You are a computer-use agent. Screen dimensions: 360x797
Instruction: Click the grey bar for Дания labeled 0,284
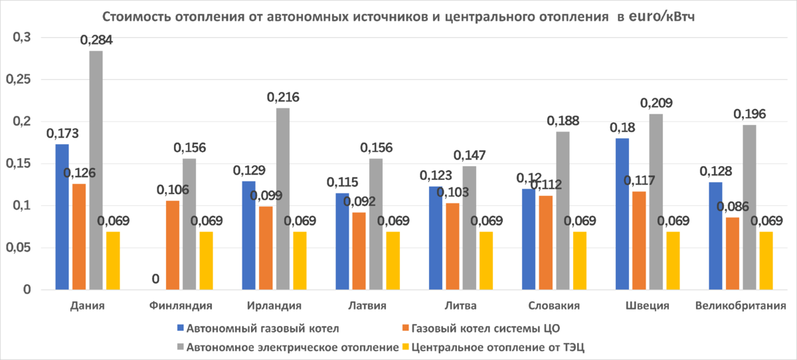click(96, 170)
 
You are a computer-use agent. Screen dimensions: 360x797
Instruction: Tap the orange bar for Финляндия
click(173, 245)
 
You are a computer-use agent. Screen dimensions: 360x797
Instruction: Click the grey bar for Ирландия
click(283, 199)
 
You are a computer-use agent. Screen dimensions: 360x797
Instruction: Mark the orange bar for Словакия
click(546, 242)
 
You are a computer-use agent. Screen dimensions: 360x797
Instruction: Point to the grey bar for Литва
click(470, 227)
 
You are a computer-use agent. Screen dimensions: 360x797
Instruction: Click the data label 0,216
click(283, 98)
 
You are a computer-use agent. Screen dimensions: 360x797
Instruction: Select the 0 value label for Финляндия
click(155, 280)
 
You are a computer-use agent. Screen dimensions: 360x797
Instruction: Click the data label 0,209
click(656, 104)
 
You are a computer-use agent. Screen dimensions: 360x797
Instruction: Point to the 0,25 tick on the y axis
click(19, 80)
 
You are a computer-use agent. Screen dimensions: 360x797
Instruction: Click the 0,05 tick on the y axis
click(19, 248)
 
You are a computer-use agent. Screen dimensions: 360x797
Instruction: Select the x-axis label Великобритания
click(741, 306)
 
